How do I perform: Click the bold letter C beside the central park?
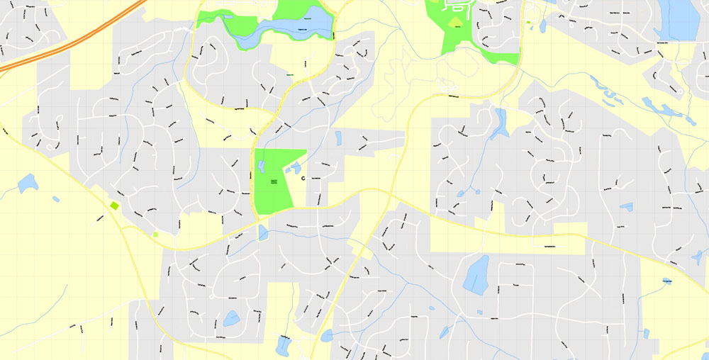pyautogui.click(x=303, y=179)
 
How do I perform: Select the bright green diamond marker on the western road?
pyautogui.click(x=115, y=206)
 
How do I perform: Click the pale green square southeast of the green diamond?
pyautogui.click(x=155, y=234)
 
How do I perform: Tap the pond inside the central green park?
pyautogui.click(x=260, y=167)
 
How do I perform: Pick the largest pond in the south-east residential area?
pyautogui.click(x=476, y=274)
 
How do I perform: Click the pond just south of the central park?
pyautogui.click(x=263, y=232)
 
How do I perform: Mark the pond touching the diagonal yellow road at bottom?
pyautogui.click(x=327, y=336)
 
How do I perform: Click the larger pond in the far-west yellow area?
pyautogui.click(x=28, y=184)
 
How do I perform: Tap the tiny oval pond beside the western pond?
pyautogui.click(x=56, y=199)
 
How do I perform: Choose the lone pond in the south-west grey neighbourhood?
pyautogui.click(x=231, y=319)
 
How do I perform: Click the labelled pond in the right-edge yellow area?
pyautogui.click(x=667, y=281)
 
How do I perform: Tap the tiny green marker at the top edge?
pyautogui.click(x=527, y=22)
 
